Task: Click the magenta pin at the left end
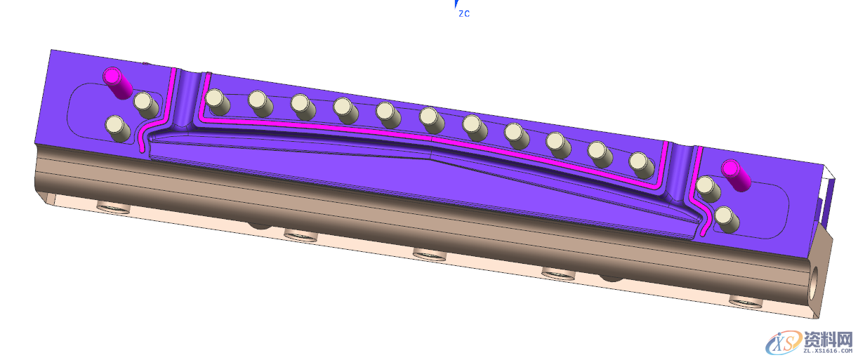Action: [117, 83]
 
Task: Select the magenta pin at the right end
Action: [736, 175]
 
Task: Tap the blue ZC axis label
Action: [464, 13]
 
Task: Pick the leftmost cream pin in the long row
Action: [217, 102]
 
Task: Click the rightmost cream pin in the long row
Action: [642, 166]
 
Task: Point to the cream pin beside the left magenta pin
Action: [145, 105]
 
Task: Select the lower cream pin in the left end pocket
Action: [117, 128]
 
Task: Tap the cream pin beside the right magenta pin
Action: [708, 189]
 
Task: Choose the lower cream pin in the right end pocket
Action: [727, 220]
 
